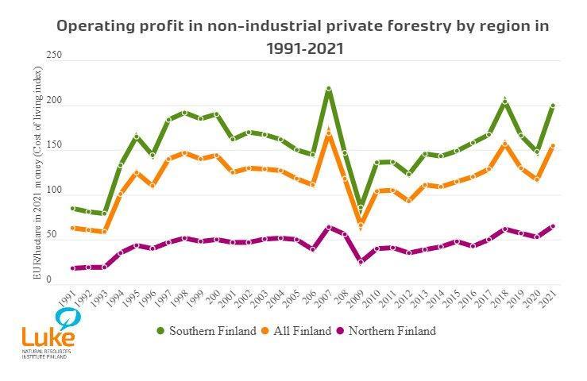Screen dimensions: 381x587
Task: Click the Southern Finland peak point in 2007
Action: tap(328, 89)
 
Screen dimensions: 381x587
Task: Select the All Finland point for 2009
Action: tap(361, 225)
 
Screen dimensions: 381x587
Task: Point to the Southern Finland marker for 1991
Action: tap(73, 209)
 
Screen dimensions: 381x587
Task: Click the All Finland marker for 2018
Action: tap(504, 144)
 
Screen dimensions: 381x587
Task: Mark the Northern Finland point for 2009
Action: tap(361, 261)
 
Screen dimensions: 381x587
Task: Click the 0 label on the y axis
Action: tap(49, 279)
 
